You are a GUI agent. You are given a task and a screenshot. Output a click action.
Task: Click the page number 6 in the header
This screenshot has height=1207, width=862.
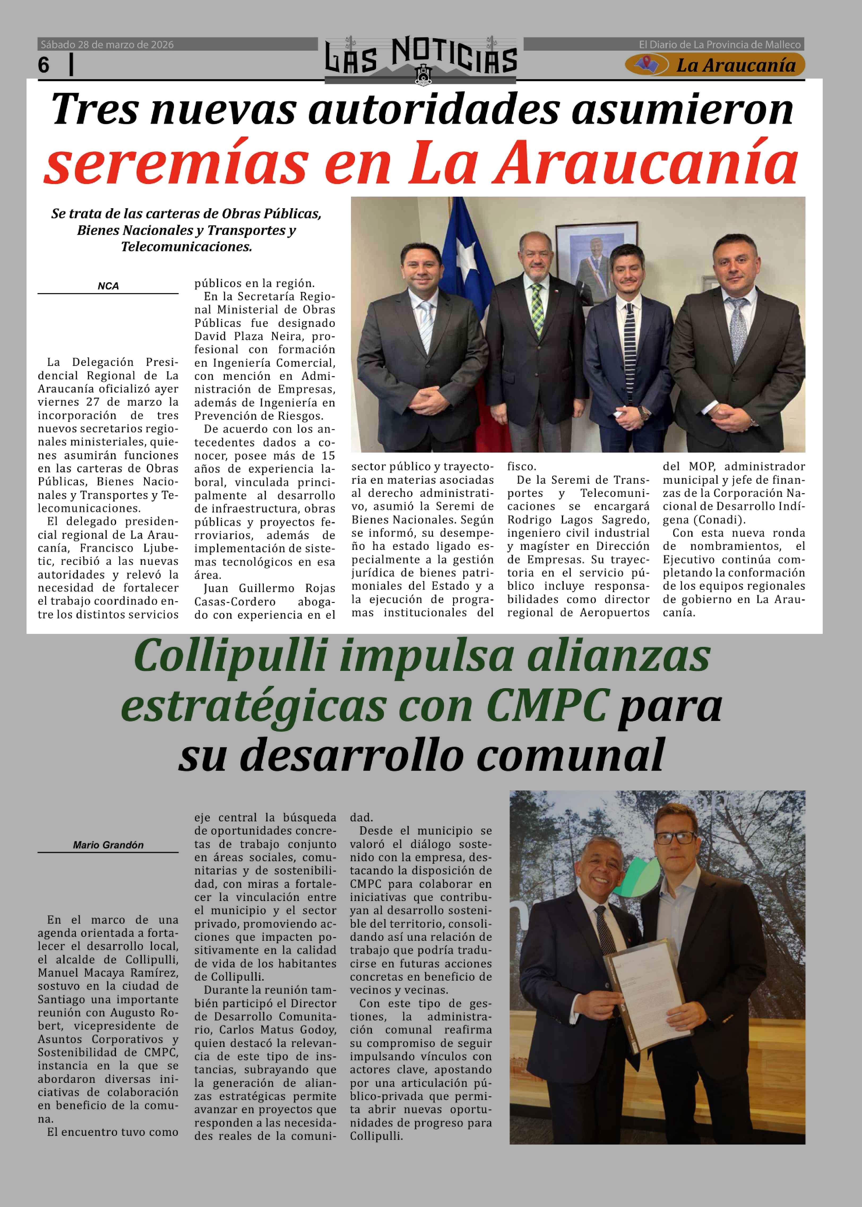point(44,65)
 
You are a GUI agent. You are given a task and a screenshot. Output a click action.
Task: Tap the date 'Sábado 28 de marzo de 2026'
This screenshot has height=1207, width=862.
point(107,45)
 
